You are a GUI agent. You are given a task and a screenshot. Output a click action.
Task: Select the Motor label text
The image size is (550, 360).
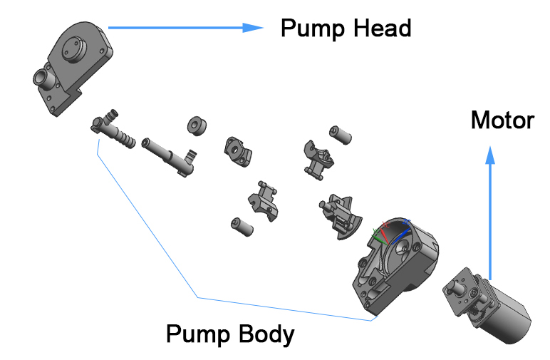pyautogui.click(x=502, y=120)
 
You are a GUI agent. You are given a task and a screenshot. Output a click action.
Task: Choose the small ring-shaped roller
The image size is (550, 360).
pyautogui.click(x=196, y=125)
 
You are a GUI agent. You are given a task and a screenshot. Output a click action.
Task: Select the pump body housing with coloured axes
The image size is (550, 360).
pyautogui.click(x=393, y=267)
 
